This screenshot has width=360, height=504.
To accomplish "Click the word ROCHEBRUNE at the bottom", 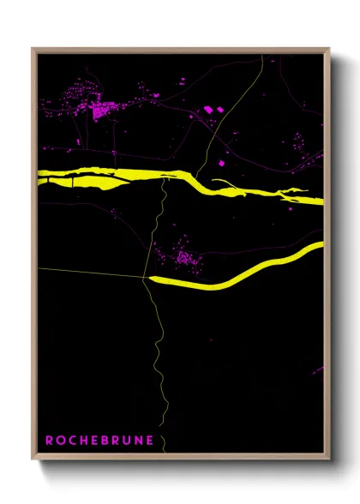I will (99, 441).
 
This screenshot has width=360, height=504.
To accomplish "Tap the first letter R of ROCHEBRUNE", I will (49, 441).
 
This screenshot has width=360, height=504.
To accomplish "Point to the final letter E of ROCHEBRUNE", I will (150, 441).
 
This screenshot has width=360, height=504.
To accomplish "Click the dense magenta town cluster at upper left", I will (103, 110).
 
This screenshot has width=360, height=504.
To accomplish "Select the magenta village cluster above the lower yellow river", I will (183, 256).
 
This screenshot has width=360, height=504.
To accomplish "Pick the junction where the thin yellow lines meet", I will (143, 277).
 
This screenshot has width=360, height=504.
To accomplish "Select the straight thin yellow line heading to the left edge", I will (86, 272).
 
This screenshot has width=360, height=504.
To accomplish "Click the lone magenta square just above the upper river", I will (221, 162).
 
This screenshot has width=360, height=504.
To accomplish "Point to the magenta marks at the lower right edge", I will (318, 371).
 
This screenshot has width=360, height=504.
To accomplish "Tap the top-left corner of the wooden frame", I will (33, 50).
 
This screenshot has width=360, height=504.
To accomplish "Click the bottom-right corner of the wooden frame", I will (328, 459).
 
